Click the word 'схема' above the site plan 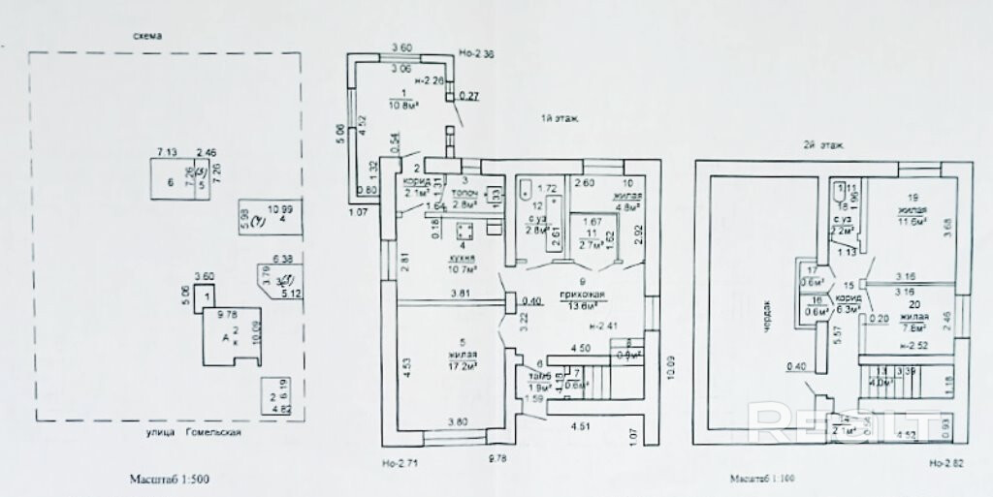point(148,37)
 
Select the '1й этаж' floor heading point(560,119)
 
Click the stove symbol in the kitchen point(464,233)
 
